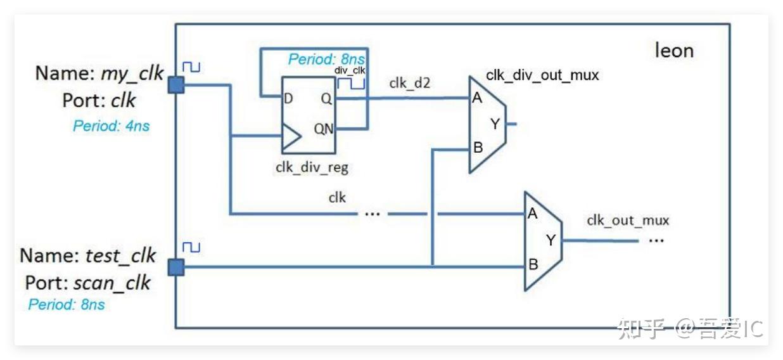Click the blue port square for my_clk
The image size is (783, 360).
176,85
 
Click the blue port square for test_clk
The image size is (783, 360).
176,267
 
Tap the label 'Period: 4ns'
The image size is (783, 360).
111,125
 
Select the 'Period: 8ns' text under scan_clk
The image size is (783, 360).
67,304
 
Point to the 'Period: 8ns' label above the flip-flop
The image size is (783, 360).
320,60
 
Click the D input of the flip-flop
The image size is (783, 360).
288,98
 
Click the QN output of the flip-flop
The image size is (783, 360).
323,129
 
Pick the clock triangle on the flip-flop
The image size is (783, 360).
291,136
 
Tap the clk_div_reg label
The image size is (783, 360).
312,168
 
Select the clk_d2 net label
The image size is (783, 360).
410,82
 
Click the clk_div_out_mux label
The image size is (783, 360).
542,75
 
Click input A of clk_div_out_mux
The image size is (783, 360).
476,98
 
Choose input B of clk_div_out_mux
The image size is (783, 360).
478,148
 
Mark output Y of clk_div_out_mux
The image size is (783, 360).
495,124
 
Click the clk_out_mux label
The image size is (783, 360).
628,221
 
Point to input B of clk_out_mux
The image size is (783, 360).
533,266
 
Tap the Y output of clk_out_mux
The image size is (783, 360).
550,240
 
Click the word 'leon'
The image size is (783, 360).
674,50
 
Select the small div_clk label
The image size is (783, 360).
350,70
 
